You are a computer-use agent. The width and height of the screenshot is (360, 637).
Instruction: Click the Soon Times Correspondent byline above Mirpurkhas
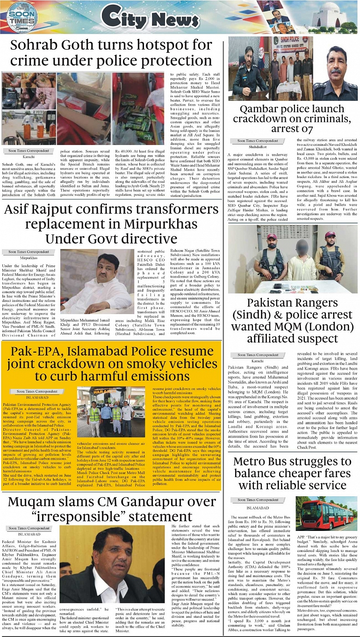point(29,251)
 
